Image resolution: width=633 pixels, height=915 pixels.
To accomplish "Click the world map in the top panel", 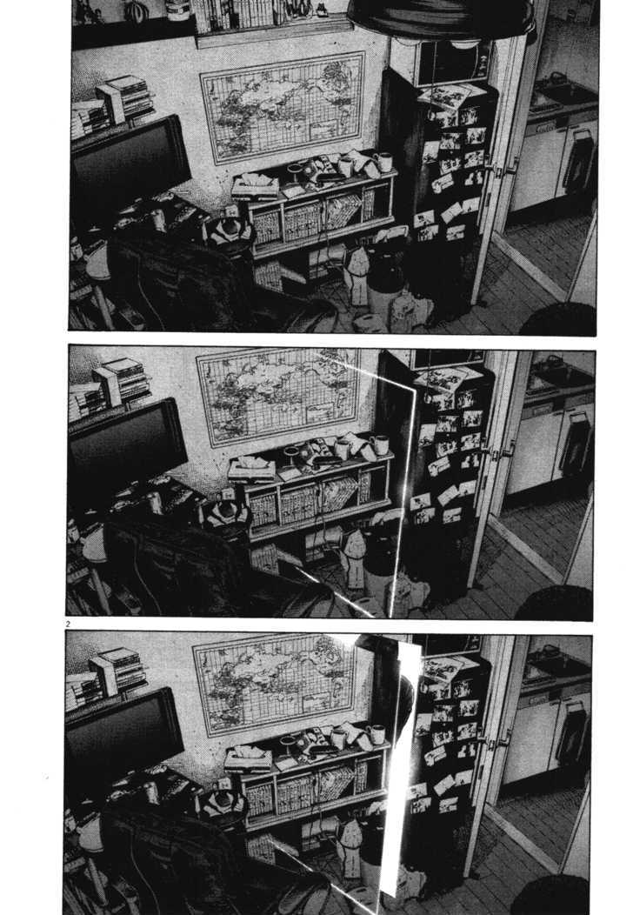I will pos(282,107).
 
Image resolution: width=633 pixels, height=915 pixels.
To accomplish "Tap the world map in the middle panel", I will pos(277,397).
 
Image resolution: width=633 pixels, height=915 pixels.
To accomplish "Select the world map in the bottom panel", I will pos(274,684).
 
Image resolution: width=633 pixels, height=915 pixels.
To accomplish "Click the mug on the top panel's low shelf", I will pos(383,162).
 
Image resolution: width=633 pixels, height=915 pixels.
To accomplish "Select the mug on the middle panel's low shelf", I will pos(380,445).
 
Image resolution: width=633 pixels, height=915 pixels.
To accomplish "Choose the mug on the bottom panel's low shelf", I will pos(376,734).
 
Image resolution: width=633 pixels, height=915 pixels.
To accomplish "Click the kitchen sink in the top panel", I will pos(556,90).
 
